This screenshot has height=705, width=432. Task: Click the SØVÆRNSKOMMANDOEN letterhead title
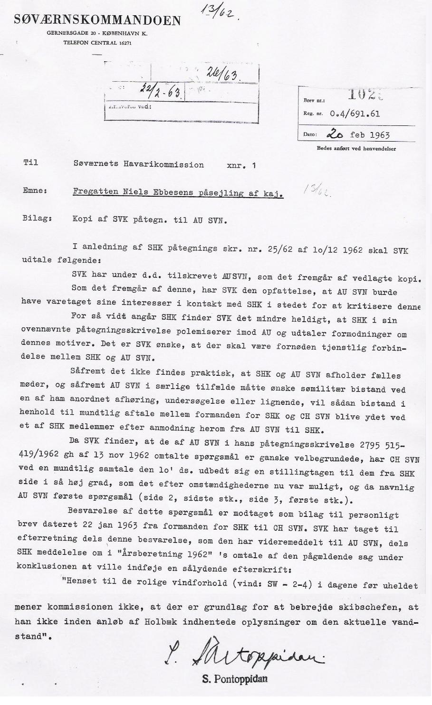(x=97, y=20)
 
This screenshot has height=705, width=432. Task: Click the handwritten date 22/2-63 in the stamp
(x=156, y=89)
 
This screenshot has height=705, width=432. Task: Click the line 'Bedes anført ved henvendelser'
(x=356, y=149)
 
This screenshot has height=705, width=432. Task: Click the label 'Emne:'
(x=34, y=191)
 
